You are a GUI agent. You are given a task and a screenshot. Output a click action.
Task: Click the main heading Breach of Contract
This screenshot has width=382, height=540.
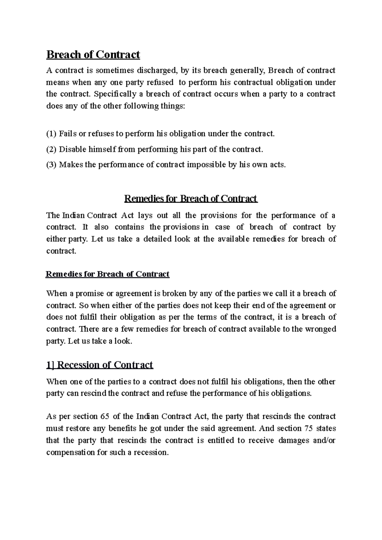tap(93, 55)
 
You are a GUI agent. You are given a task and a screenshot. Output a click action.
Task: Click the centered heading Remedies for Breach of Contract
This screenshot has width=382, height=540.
tap(190, 199)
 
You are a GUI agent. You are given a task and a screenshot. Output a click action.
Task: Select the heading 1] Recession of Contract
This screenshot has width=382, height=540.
tap(100, 364)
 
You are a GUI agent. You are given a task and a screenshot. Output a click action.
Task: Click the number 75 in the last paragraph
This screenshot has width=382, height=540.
tap(308, 428)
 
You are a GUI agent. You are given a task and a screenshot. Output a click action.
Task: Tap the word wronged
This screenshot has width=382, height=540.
tap(321, 329)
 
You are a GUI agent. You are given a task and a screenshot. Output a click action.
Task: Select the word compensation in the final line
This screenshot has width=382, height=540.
tap(71, 452)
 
